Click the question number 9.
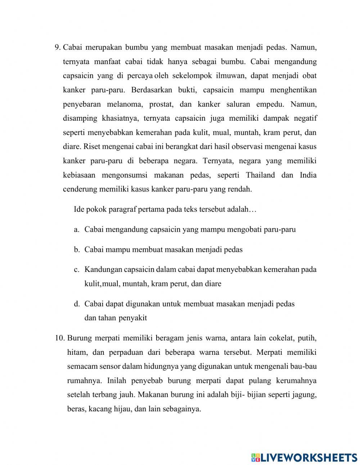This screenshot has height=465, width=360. pos(57,48)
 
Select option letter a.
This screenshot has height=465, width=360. pos(76,229)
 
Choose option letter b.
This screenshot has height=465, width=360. pos(76,249)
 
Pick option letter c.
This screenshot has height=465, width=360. pos(76,269)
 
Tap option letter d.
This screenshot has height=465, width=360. pos(76,304)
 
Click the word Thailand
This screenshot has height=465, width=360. pos(260,175)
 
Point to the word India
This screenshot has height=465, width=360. pos(308,175)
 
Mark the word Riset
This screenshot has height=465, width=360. pos(92,147)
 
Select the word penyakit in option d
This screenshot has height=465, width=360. pos(131,318)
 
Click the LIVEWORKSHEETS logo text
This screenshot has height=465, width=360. pos(308,457)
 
